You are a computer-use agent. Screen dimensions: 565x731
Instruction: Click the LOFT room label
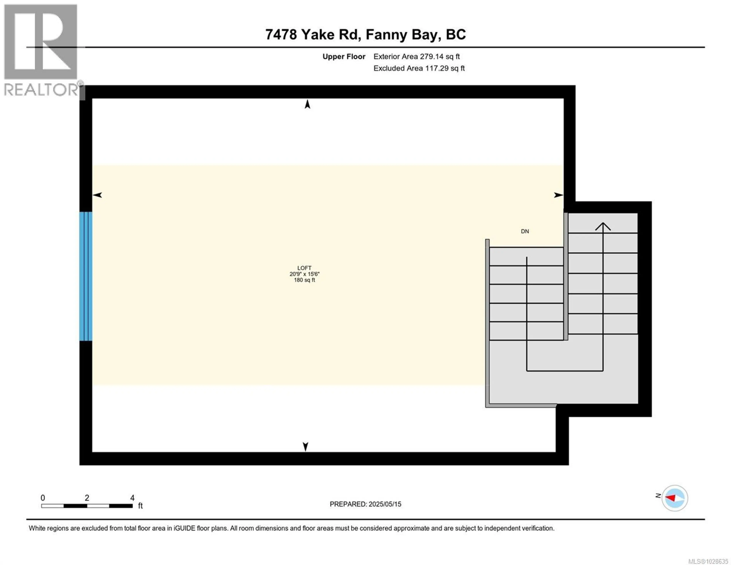[x=304, y=268]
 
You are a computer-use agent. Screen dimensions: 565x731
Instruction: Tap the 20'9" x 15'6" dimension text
[x=304, y=274]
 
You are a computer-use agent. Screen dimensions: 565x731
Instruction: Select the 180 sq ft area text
[x=304, y=280]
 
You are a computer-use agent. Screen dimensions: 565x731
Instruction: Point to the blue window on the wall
[x=86, y=276]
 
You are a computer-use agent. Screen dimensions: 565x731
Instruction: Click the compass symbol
[x=674, y=498]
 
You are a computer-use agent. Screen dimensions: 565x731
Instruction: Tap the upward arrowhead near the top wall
[x=307, y=105]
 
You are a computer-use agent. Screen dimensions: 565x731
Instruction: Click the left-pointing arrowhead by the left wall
[x=97, y=195]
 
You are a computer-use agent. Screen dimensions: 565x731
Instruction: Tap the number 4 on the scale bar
[x=132, y=498]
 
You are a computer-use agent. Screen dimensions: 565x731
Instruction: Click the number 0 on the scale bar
[x=43, y=498]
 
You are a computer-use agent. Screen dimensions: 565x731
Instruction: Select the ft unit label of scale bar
[x=140, y=506]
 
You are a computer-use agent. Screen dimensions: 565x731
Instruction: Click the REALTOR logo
[x=41, y=50]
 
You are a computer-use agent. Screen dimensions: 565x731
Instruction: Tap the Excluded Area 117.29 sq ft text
[x=419, y=68]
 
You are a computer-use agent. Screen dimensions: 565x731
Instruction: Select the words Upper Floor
[x=344, y=57]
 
